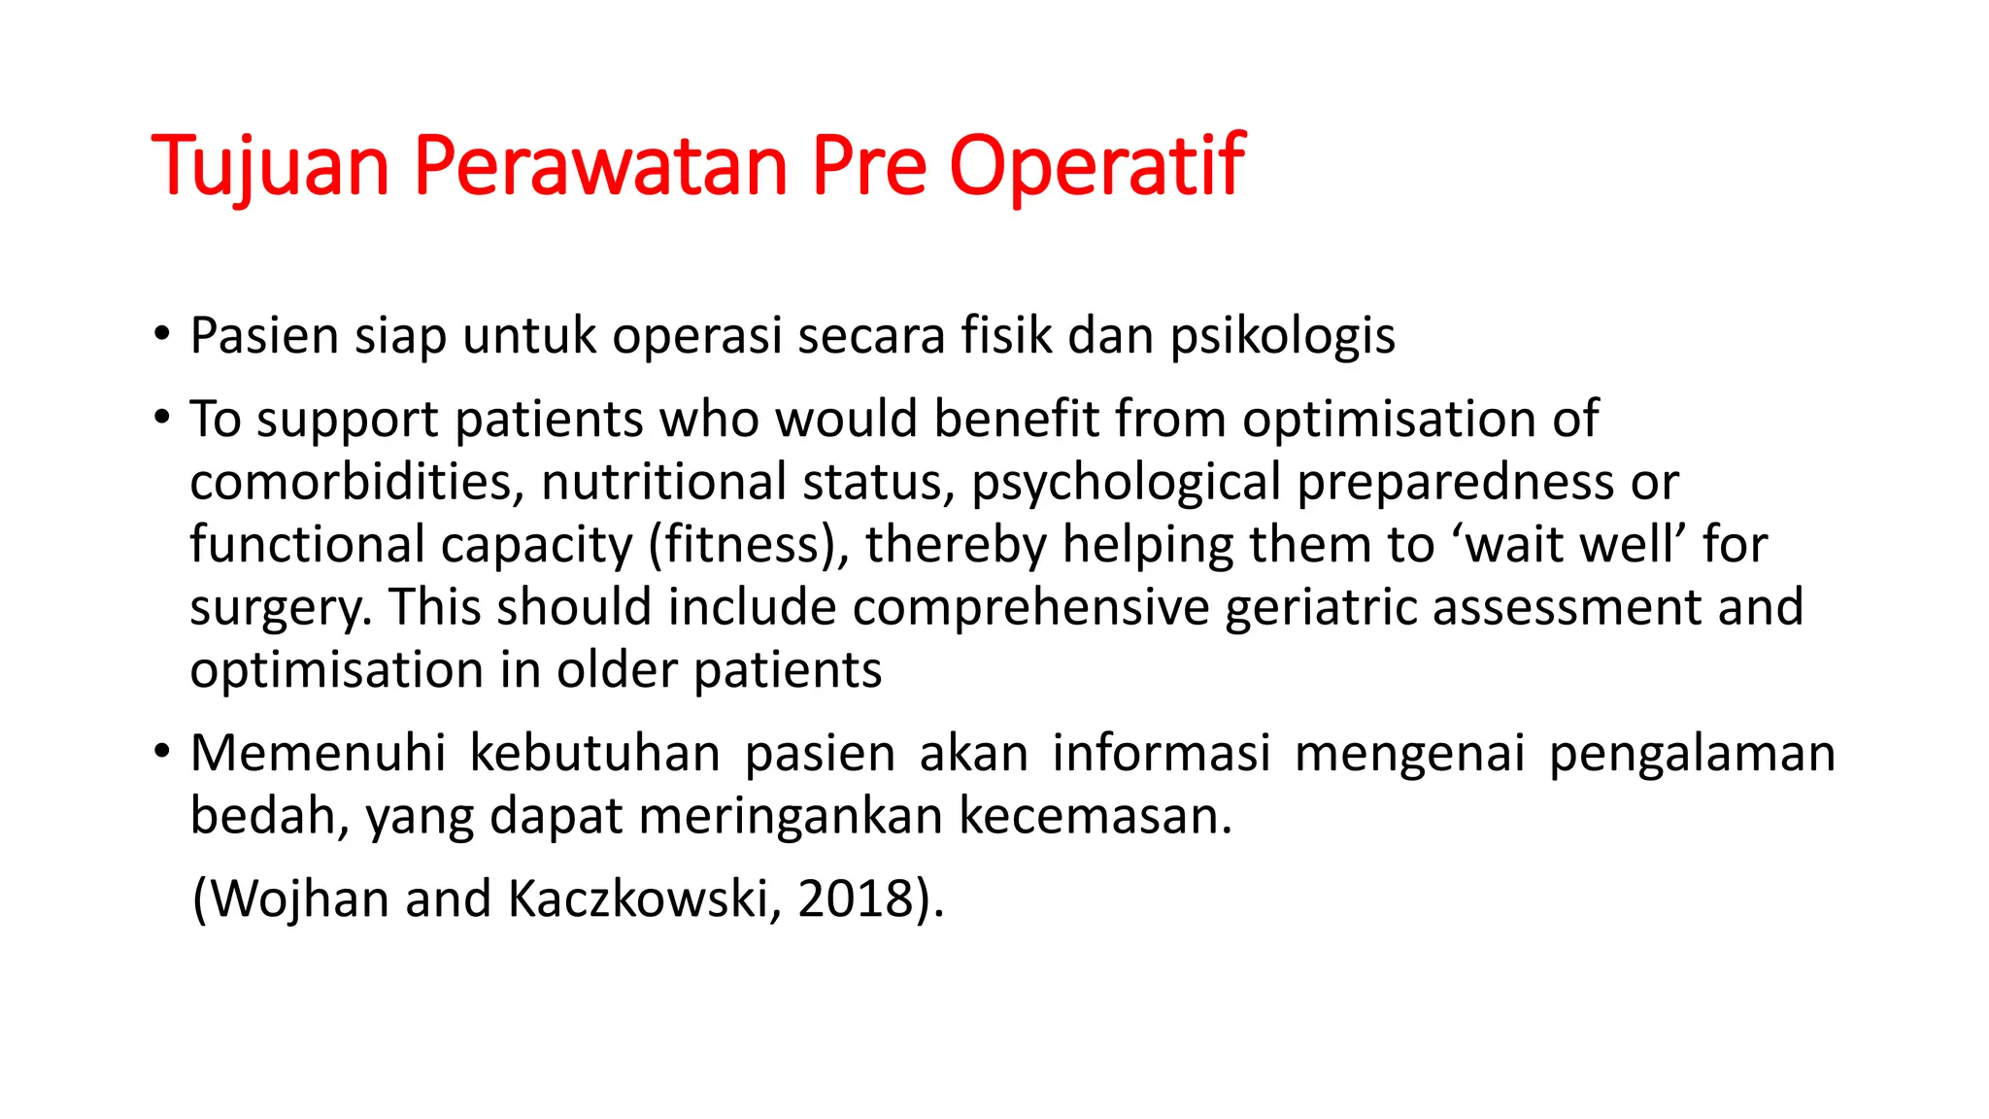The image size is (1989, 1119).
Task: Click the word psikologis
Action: pos(1282,337)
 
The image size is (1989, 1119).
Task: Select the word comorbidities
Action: pos(356,483)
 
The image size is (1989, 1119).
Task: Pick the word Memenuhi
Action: pos(318,754)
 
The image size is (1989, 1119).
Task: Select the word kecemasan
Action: pos(1096,816)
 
